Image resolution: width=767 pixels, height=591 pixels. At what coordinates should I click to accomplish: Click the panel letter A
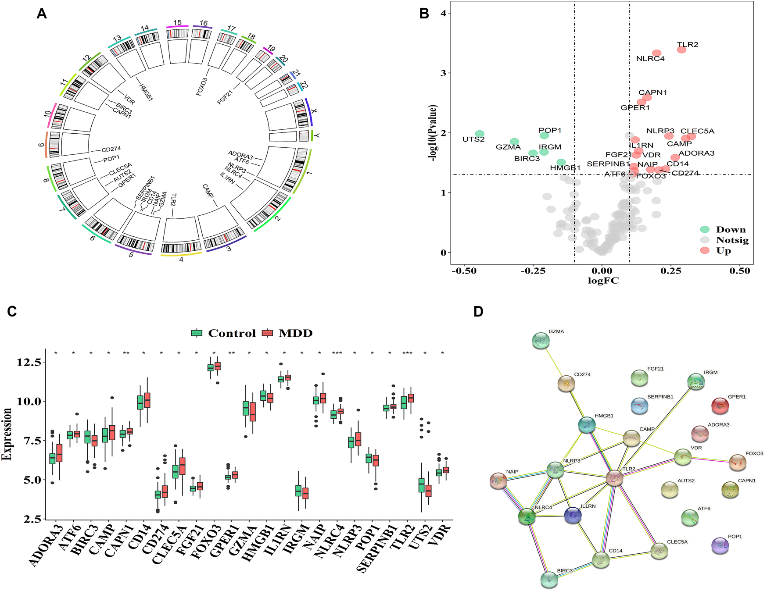[42, 14]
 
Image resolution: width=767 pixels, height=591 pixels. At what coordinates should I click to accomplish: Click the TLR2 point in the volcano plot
[681, 50]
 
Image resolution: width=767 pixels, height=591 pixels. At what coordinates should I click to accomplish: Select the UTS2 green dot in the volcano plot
[480, 134]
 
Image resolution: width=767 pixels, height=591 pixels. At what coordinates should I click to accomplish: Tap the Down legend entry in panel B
[731, 229]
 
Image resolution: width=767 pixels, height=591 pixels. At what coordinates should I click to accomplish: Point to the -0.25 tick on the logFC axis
[533, 271]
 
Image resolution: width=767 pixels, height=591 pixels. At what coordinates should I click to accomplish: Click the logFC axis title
[603, 281]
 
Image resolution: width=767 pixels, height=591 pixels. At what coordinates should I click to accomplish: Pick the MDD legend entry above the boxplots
[295, 333]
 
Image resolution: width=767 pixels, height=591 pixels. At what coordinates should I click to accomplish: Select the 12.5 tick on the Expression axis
[29, 362]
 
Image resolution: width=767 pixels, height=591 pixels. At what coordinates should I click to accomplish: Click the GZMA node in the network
[541, 341]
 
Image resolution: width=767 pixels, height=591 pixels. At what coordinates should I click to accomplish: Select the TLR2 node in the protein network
[614, 478]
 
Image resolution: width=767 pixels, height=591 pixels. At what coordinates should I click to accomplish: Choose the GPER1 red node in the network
[720, 406]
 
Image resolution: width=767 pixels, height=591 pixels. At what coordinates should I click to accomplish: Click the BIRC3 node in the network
[549, 579]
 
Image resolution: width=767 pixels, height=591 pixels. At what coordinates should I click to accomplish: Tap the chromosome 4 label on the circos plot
[181, 259]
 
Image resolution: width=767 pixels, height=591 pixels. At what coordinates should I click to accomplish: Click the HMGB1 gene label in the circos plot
[146, 92]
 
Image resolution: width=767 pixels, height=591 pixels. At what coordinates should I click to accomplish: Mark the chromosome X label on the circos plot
[314, 111]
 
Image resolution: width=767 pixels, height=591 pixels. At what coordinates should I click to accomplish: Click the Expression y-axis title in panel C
[7, 434]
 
